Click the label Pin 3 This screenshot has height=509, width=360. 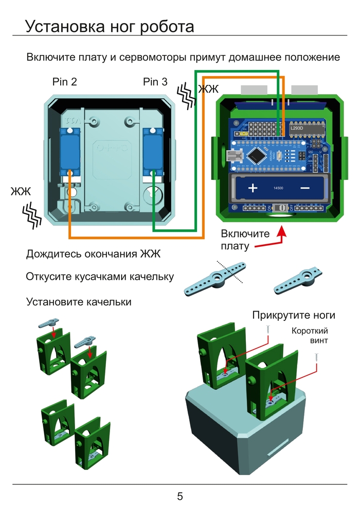(155, 82)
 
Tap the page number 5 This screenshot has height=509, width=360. (180, 496)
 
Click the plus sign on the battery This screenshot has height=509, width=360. (253, 188)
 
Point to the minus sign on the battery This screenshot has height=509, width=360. (304, 188)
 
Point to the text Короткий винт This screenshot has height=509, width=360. (310, 335)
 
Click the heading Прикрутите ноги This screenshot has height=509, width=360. (294, 315)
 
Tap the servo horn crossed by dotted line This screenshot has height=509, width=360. (216, 278)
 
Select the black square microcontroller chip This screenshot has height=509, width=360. (257, 155)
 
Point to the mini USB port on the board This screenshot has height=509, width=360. (234, 155)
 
